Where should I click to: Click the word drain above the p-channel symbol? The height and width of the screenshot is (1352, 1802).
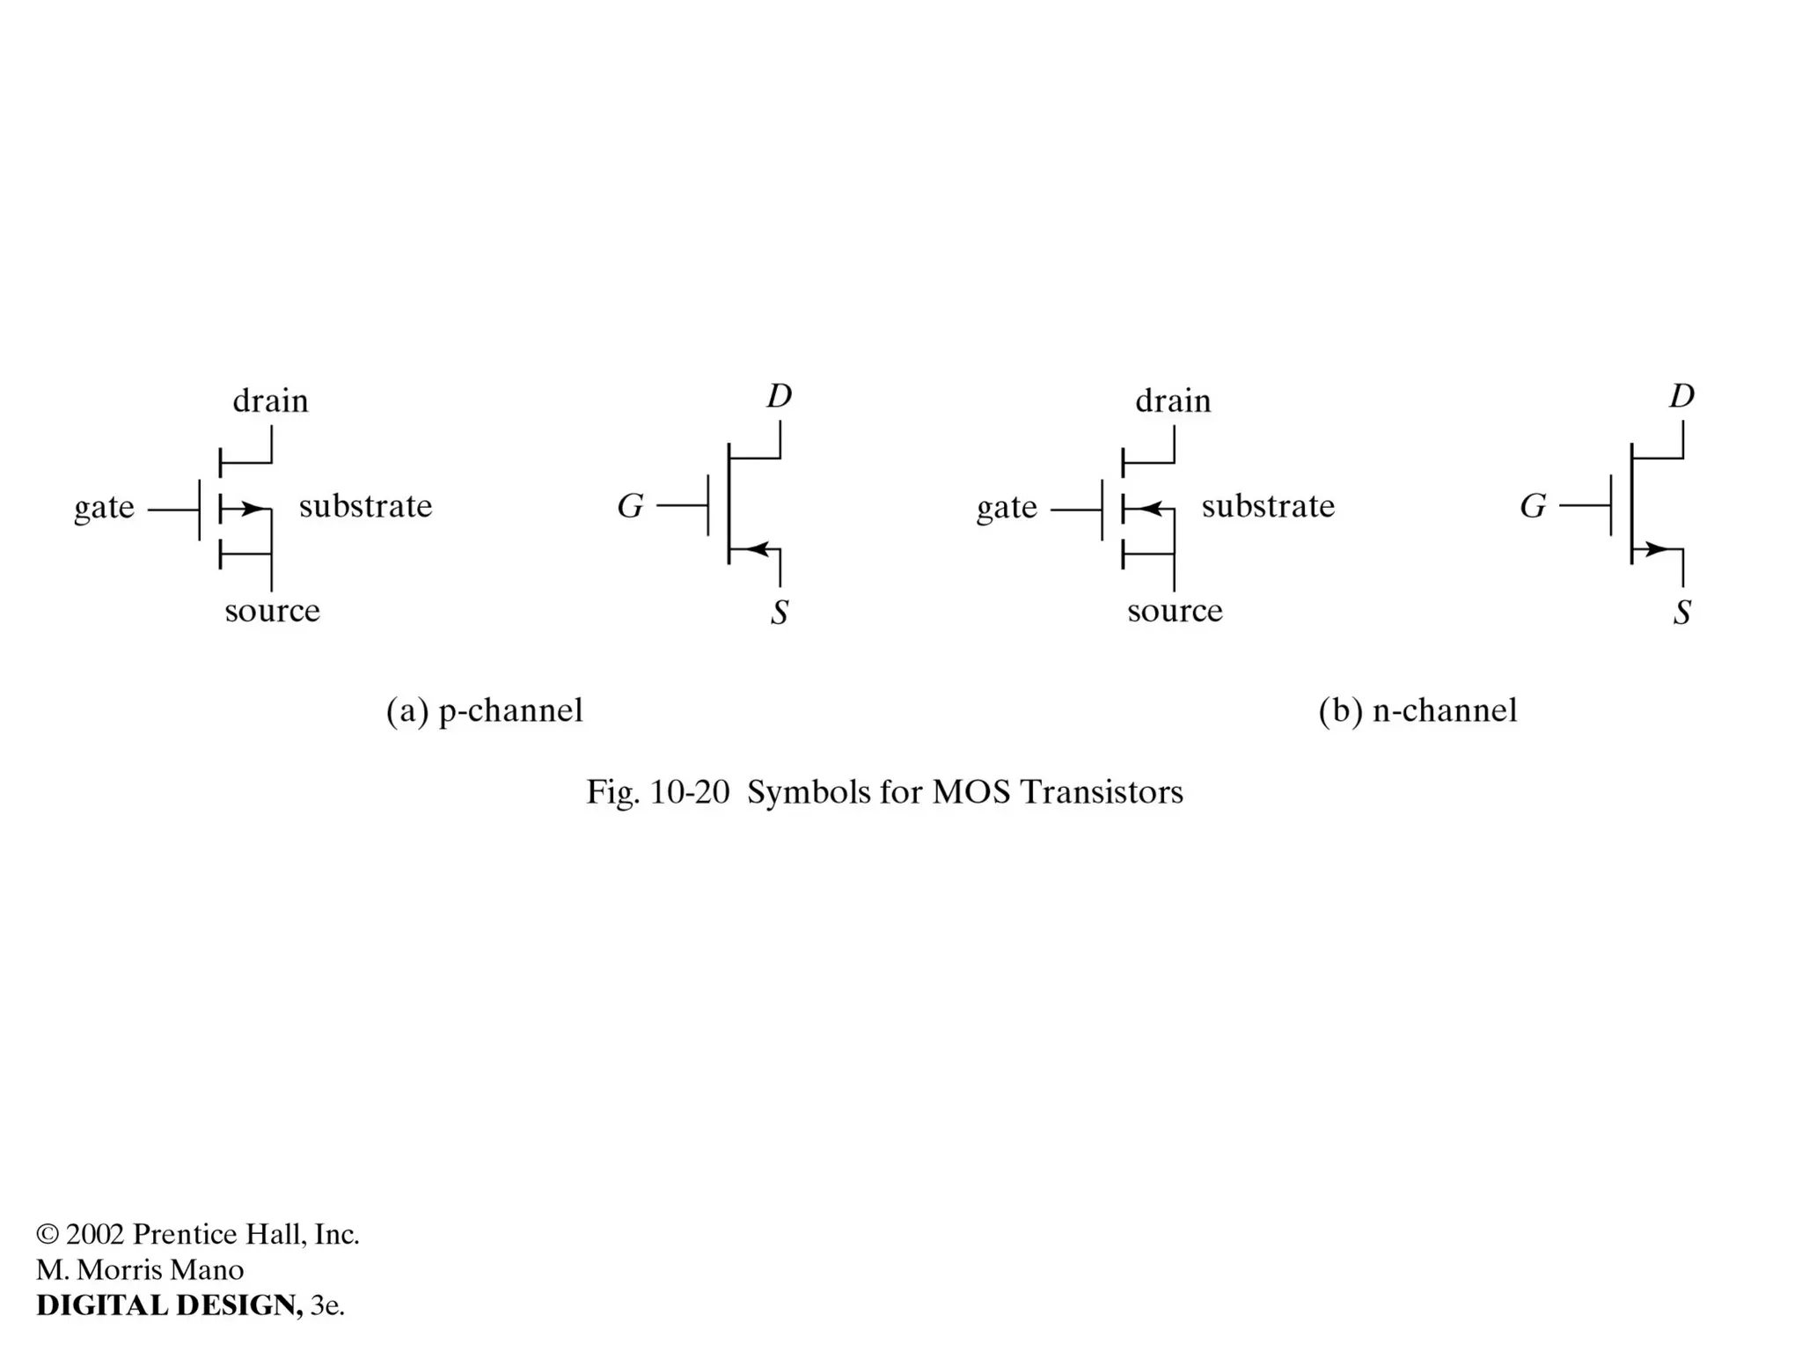tap(270, 401)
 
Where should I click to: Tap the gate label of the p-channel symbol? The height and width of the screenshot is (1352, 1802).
tap(104, 508)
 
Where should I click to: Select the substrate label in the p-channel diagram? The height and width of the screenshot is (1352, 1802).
tap(365, 506)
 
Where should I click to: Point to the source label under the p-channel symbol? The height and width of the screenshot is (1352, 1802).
tap(272, 610)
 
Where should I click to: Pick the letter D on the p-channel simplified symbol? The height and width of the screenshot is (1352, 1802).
tap(779, 396)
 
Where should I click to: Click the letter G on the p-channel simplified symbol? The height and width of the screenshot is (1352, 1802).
tap(630, 506)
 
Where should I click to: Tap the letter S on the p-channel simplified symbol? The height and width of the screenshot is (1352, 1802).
tap(779, 613)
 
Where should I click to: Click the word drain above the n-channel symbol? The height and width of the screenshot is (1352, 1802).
tap(1173, 401)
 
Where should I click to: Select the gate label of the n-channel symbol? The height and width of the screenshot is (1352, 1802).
tap(1007, 508)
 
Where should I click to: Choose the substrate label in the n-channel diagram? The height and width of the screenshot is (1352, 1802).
tap(1268, 506)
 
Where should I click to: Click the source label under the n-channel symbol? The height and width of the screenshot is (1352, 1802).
tap(1175, 610)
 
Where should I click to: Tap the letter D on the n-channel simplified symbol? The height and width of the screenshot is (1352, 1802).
tap(1681, 396)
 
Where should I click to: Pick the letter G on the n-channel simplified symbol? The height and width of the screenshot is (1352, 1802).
tap(1533, 506)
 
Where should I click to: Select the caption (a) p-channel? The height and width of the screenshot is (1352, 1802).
tap(484, 710)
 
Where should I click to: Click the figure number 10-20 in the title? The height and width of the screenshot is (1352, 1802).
tap(689, 792)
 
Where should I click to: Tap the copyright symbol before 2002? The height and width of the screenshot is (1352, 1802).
tap(48, 1234)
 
